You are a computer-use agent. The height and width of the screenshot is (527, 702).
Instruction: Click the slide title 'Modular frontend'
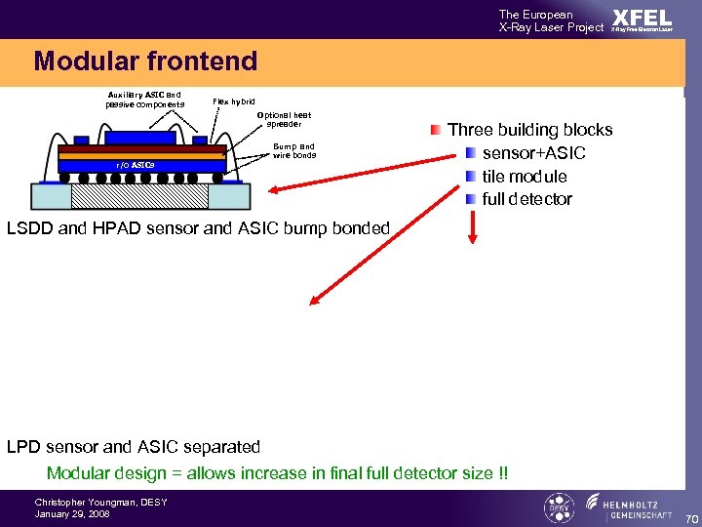click(145, 61)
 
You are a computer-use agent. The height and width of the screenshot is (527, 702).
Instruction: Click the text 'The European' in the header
click(535, 14)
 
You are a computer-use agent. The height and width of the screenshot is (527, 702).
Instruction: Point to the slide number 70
click(691, 517)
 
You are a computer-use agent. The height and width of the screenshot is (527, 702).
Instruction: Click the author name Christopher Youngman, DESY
click(100, 502)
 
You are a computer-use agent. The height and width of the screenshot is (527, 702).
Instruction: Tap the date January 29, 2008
click(72, 513)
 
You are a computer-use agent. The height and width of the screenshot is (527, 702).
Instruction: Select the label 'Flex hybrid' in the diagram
click(234, 101)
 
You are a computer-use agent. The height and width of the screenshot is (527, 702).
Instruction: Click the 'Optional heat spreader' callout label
click(285, 119)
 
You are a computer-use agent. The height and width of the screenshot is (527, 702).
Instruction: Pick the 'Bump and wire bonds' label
click(293, 150)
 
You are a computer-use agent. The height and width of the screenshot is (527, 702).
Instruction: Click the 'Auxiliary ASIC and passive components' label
click(145, 99)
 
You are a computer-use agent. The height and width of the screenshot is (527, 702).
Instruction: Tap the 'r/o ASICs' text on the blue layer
click(135, 165)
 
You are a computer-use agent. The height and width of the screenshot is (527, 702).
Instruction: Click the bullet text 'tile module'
click(524, 177)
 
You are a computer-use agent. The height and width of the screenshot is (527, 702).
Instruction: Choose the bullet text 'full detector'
click(526, 199)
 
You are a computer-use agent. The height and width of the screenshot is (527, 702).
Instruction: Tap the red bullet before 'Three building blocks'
click(435, 130)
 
